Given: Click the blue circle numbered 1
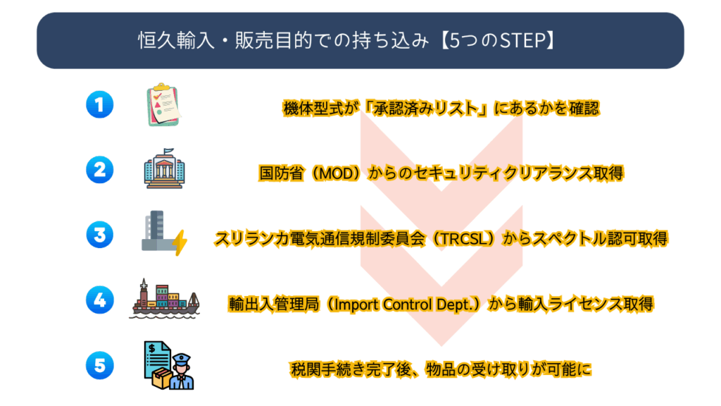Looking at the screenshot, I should (x=100, y=105).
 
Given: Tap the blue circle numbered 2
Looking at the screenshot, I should (x=100, y=170).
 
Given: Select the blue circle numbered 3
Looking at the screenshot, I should (x=100, y=235).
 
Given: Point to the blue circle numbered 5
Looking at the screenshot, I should (x=100, y=365).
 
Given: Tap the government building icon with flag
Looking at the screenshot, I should (x=164, y=170).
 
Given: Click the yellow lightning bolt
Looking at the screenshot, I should (x=180, y=242).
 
